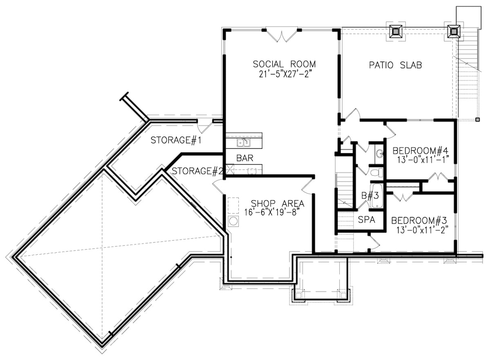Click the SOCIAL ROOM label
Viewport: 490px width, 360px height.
point(284,64)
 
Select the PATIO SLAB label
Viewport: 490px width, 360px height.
point(395,65)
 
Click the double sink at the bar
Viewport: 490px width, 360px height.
point(244,143)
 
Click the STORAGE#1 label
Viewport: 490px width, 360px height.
point(177,140)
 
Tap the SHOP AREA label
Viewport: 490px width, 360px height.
point(277,203)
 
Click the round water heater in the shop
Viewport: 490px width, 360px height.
point(234,221)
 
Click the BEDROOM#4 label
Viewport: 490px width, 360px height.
point(420,150)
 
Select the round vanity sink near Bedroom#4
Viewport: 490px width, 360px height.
point(379,153)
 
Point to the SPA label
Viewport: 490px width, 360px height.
point(366,220)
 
